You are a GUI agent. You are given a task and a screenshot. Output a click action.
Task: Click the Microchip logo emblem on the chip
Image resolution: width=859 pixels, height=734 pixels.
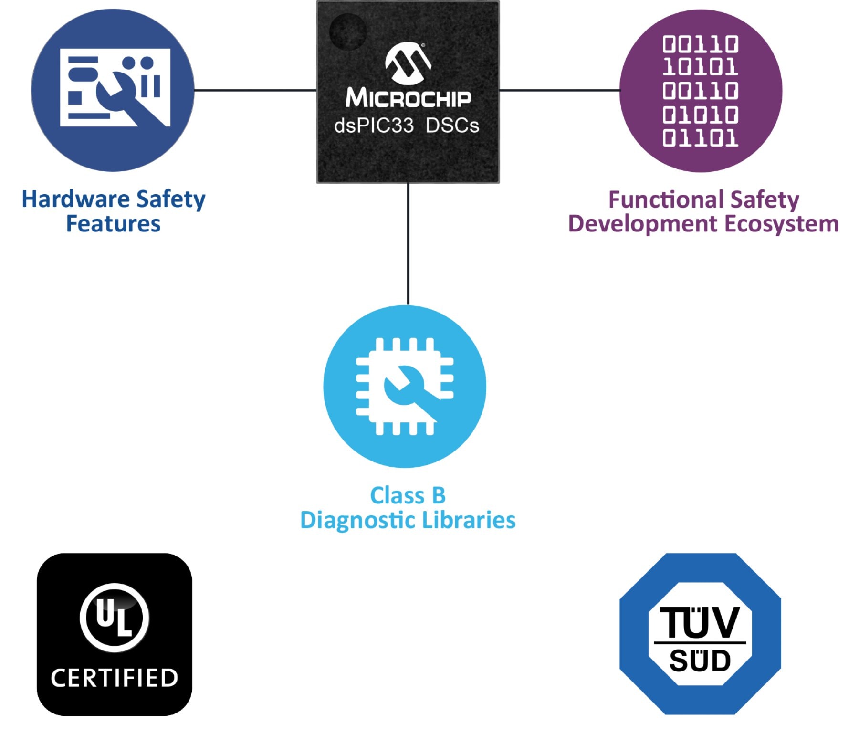[x=408, y=62]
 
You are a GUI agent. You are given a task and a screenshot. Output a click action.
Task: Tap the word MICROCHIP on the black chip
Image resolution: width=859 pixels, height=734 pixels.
[x=409, y=98]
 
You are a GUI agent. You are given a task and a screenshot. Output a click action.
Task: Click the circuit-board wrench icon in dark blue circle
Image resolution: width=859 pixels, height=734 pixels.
[x=115, y=87]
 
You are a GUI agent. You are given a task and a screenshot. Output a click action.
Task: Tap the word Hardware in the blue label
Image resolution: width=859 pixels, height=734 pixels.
[x=76, y=199]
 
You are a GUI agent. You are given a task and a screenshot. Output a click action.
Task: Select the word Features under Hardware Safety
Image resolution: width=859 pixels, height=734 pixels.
[x=113, y=223]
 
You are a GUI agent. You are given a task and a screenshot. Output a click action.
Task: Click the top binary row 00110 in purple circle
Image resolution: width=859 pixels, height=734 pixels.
[x=700, y=44]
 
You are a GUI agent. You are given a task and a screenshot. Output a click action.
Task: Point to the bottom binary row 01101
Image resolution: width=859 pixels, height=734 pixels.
[x=700, y=138]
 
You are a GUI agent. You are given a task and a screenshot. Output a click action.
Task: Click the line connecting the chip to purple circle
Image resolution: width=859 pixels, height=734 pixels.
[x=559, y=90]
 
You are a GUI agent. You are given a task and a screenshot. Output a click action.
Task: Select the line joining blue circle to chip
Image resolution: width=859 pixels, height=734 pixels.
[x=255, y=90]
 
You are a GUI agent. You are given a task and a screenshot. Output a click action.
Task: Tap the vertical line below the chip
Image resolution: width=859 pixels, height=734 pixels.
[x=408, y=244]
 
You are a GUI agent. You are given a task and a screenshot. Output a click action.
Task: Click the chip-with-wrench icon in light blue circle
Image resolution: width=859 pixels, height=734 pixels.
[x=405, y=387]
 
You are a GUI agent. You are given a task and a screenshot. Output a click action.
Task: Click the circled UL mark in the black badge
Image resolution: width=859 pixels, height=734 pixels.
[x=115, y=618]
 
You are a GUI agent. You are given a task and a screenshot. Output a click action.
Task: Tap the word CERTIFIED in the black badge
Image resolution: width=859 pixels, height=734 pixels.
[x=115, y=678]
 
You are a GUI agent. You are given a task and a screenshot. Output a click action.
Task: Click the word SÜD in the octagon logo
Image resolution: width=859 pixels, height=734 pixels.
[x=700, y=661]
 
